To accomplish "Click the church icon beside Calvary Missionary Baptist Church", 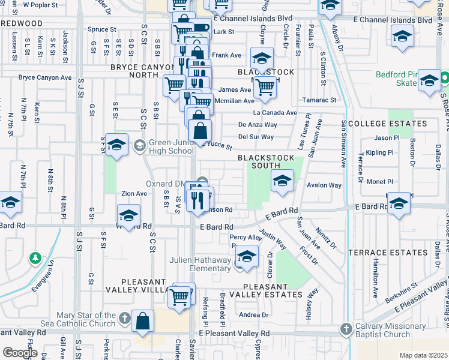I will point(346,329).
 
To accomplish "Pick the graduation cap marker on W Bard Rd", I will point(128,215).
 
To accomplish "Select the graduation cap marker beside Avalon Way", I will point(282,180).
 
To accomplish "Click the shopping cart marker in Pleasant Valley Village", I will point(179,296).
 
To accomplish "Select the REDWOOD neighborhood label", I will point(22,23).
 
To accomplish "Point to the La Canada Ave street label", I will point(275,113).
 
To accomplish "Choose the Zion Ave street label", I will point(134,194).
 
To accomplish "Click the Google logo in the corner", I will point(20,353).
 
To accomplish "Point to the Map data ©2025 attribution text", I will point(423,355).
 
